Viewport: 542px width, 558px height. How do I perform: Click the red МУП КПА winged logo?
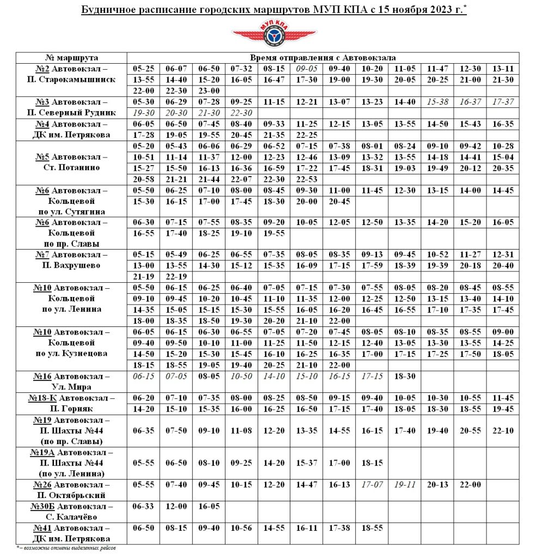[x=274, y=35]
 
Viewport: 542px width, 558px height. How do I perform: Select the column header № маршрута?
[x=71, y=58]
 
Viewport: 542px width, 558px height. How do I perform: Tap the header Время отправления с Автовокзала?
[x=323, y=58]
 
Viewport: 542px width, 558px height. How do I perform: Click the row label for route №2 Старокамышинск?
[x=71, y=74]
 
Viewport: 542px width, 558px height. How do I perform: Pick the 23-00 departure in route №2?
[x=209, y=91]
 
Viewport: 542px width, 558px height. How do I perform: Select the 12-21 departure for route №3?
[x=307, y=102]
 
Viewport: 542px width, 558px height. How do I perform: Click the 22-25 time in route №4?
[x=307, y=135]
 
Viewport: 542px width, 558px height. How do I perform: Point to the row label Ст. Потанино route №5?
[x=71, y=162]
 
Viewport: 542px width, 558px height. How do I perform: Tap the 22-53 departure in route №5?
[x=307, y=179]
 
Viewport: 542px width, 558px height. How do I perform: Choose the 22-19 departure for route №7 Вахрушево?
[x=176, y=277]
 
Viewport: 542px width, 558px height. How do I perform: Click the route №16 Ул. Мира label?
[x=71, y=381]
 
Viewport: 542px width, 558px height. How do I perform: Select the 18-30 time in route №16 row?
[x=405, y=377]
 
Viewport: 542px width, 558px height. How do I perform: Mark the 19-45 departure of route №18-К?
[x=503, y=409]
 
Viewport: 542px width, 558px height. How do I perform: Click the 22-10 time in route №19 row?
[x=503, y=430]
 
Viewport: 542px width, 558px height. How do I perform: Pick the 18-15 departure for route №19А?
[x=372, y=463]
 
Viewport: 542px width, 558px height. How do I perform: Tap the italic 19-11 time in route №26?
[x=405, y=484]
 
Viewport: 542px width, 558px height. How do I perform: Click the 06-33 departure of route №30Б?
[x=143, y=506]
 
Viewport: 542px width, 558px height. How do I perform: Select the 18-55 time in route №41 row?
[x=372, y=528]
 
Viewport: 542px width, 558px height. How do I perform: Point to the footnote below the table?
[x=66, y=548]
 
